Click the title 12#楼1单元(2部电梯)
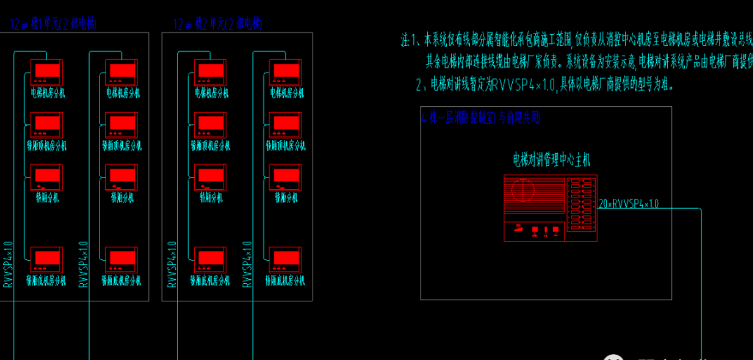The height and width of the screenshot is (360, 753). [x=53, y=24]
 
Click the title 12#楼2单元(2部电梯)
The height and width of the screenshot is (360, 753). [x=218, y=24]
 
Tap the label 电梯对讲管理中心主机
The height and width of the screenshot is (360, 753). [x=551, y=160]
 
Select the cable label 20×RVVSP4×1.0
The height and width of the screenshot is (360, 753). [x=628, y=204]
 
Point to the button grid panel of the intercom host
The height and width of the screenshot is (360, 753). [x=581, y=206]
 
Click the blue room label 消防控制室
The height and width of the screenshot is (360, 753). [x=481, y=118]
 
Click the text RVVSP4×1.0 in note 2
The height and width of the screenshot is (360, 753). [x=524, y=85]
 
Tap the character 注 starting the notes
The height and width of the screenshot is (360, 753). [x=406, y=40]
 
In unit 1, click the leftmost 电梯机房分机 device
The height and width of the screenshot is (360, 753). [x=46, y=73]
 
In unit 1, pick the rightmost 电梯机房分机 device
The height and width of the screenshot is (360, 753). [x=122, y=73]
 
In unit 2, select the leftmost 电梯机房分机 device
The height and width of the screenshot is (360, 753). [x=211, y=73]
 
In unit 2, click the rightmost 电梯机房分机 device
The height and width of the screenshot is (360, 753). [x=286, y=73]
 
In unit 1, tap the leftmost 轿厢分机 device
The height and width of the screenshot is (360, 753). [x=46, y=177]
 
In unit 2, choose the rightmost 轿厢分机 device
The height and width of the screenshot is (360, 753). [x=286, y=177]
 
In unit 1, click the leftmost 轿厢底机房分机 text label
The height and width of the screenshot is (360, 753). [x=46, y=280]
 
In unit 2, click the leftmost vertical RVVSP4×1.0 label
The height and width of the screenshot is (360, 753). [x=172, y=264]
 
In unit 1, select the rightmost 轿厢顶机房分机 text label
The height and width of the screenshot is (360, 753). [x=122, y=146]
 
